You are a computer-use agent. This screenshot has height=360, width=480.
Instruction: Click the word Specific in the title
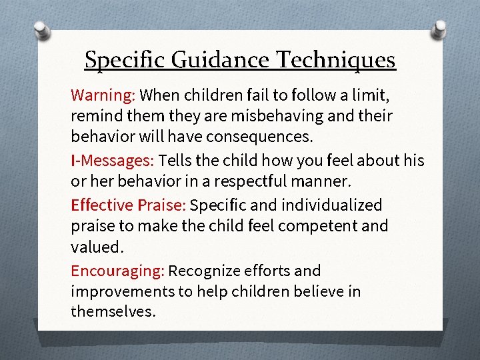click(124, 61)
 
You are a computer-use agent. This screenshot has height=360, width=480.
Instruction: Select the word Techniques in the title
click(336, 61)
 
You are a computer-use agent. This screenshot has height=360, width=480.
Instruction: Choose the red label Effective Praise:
click(128, 205)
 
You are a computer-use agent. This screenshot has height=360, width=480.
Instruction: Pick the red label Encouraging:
click(117, 271)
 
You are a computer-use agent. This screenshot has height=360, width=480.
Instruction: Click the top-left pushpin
click(41, 30)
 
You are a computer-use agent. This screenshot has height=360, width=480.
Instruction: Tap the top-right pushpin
click(441, 29)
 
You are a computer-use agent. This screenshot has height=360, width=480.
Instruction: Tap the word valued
click(97, 247)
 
